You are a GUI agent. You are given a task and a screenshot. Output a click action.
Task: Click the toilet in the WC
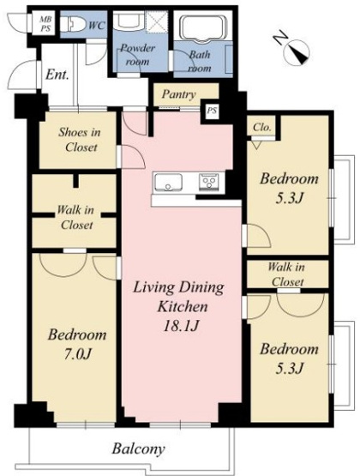click(x=72, y=24)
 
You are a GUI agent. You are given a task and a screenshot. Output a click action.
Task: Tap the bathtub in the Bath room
click(x=203, y=27)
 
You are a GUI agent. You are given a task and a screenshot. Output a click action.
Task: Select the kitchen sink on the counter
click(x=168, y=183)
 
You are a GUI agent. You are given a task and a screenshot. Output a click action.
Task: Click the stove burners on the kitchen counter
click(x=208, y=182)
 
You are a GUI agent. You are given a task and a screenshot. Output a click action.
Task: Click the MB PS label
click(x=45, y=24)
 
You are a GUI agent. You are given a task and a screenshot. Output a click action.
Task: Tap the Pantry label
click(x=179, y=94)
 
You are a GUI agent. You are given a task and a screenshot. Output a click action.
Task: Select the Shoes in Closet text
click(x=79, y=140)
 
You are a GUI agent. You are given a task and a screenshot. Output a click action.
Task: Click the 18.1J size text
click(x=181, y=326)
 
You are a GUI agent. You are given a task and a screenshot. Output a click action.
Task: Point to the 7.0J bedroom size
click(x=77, y=354)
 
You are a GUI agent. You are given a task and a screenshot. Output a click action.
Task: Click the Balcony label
click(x=139, y=449)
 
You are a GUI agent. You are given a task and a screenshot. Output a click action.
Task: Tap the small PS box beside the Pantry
click(x=212, y=111)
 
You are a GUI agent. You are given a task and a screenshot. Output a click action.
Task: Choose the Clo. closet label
click(x=261, y=127)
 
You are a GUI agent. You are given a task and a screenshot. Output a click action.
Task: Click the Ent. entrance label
click(x=57, y=75)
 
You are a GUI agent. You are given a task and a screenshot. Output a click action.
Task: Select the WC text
click(x=97, y=26)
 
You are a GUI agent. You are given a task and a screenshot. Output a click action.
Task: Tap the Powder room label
click(x=137, y=55)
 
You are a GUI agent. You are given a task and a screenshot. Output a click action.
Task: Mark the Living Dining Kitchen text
click(x=179, y=297)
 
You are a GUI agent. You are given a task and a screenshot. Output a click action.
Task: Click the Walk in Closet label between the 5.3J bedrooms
click(x=287, y=274)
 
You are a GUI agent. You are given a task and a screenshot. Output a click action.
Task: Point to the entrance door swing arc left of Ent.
click(x=21, y=75)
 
